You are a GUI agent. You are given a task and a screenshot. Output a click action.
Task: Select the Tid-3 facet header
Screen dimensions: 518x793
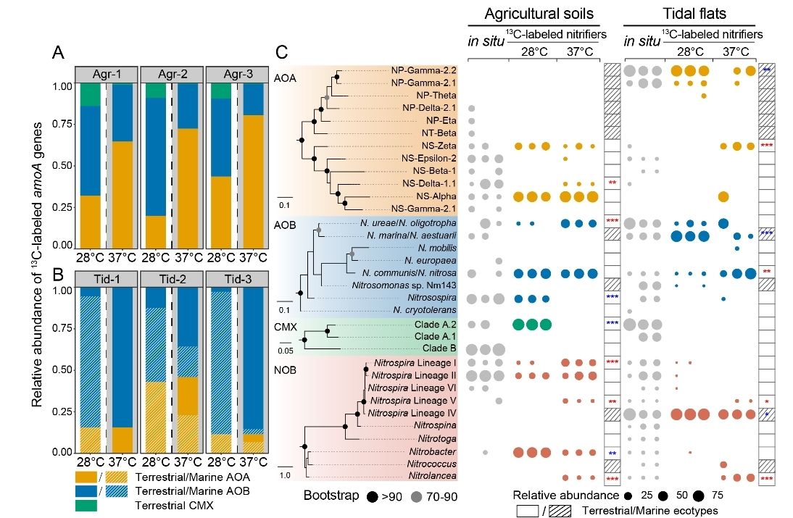point(233,280)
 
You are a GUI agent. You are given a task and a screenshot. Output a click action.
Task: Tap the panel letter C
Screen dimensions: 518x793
point(283,52)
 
